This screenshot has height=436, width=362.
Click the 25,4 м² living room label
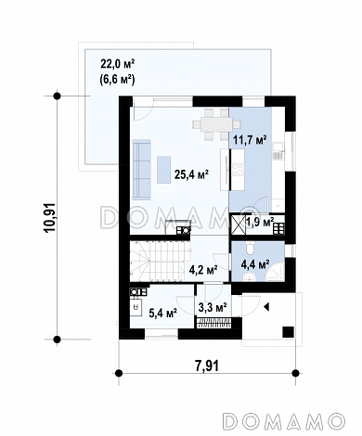(x=191, y=174)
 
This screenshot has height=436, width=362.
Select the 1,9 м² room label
(x=260, y=222)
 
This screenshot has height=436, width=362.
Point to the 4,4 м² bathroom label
(x=255, y=264)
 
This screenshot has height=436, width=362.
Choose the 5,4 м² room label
(x=163, y=313)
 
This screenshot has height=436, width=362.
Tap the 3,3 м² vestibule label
(x=213, y=307)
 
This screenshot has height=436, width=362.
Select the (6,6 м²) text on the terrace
(x=117, y=80)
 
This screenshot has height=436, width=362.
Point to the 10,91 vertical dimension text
(x=50, y=217)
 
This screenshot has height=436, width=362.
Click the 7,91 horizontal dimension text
(x=207, y=365)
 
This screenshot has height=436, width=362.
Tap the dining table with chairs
(x=216, y=124)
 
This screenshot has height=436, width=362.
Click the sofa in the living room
(x=141, y=169)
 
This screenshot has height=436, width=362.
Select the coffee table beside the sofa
(x=163, y=170)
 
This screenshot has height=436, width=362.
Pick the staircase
(x=161, y=260)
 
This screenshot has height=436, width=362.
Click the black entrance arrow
(x=266, y=307)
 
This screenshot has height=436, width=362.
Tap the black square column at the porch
(x=288, y=332)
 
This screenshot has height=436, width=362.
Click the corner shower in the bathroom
(x=276, y=273)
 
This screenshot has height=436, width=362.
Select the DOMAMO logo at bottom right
(x=284, y=420)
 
